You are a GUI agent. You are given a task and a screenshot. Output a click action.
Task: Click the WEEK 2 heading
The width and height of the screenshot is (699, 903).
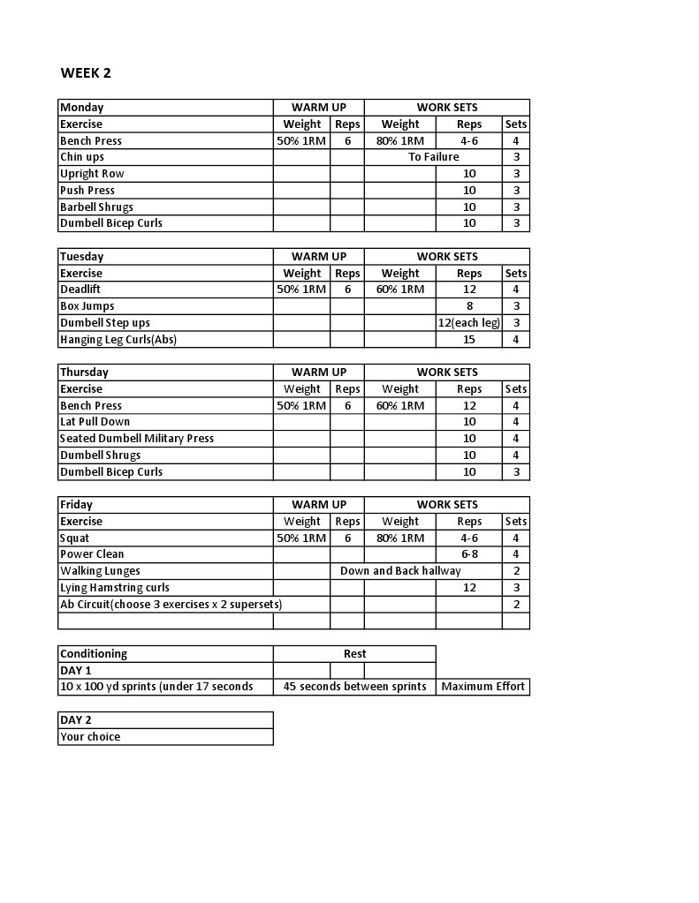pos(86,73)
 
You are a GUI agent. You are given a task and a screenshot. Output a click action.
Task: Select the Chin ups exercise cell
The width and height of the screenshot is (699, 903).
pos(82,157)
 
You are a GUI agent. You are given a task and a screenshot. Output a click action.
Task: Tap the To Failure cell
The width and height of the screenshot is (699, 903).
pos(433,157)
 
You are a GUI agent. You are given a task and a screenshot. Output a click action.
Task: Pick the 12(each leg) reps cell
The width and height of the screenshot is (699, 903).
pos(469,323)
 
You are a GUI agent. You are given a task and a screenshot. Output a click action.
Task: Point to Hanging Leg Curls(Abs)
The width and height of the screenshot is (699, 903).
pos(118,340)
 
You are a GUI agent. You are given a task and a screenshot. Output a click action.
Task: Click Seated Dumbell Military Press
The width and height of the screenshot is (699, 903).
pos(137,439)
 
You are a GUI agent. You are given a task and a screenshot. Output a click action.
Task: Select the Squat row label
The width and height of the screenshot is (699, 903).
pos(75,538)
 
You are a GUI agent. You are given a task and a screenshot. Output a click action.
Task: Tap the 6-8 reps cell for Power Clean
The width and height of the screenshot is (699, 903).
pos(469,554)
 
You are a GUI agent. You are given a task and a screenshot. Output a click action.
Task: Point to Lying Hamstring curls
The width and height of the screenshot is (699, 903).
pos(115,588)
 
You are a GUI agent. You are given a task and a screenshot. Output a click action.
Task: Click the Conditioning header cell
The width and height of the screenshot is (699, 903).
pos(94,654)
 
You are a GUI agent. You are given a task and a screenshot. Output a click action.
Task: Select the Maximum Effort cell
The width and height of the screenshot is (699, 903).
pos(482,687)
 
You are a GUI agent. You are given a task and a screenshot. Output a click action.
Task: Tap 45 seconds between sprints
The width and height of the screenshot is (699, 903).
pos(354,687)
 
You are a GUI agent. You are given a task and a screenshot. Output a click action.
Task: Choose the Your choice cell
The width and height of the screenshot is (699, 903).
pos(90,737)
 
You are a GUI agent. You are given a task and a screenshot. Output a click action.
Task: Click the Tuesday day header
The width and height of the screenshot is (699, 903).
pos(82,257)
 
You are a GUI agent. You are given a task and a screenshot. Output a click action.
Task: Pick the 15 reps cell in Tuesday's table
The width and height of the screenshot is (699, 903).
pos(469,340)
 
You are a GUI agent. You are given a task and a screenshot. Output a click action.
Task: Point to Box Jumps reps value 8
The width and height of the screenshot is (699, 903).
pos(469,306)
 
